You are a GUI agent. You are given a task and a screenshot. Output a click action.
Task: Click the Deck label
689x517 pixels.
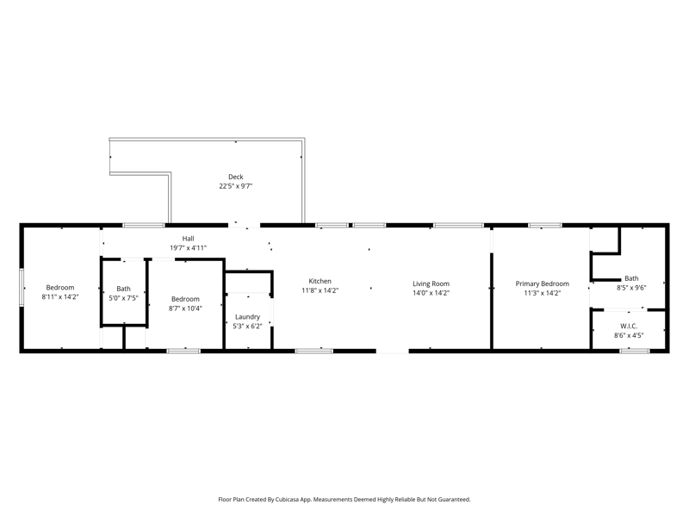pyautogui.click(x=235, y=177)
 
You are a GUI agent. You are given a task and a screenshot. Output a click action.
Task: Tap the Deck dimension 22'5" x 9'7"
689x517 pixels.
pyautogui.click(x=235, y=186)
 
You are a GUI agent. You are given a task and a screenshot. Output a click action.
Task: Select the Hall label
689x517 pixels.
pyautogui.click(x=188, y=239)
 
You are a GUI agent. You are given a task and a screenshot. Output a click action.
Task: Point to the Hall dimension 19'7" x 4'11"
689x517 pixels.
pyautogui.click(x=188, y=248)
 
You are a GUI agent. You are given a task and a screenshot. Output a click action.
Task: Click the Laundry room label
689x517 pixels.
pyautogui.click(x=247, y=317)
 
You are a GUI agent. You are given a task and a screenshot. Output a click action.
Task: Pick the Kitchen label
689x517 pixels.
pyautogui.click(x=320, y=282)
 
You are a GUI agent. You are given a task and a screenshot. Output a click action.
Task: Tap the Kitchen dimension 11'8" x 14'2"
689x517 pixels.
pyautogui.click(x=320, y=290)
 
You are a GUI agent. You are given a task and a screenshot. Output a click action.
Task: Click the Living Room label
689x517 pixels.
pyautogui.click(x=431, y=284)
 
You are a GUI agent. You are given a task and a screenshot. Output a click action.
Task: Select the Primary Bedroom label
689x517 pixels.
pyautogui.click(x=543, y=284)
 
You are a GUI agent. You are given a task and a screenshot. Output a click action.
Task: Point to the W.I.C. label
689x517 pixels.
pyautogui.click(x=629, y=327)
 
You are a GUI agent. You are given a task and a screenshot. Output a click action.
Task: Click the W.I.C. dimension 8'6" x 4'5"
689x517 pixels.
pyautogui.click(x=629, y=335)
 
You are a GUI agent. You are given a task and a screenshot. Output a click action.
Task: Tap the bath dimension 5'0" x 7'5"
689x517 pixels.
pyautogui.click(x=123, y=298)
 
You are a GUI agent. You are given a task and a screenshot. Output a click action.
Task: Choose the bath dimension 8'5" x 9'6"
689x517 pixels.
pyautogui.click(x=631, y=288)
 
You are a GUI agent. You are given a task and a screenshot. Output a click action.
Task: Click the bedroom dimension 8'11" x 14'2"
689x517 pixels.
pyautogui.click(x=60, y=296)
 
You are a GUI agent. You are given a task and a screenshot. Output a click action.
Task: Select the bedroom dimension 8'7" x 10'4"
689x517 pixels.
pyautogui.click(x=185, y=308)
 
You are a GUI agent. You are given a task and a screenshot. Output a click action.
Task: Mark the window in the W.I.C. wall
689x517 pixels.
pyautogui.click(x=635, y=351)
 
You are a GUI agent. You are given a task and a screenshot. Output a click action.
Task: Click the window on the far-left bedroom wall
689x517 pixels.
pyautogui.click(x=21, y=288)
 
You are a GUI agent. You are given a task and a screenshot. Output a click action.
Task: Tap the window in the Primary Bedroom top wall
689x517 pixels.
pyautogui.click(x=545, y=226)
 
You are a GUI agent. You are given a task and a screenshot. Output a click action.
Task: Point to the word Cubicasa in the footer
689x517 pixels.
pyautogui.click(x=285, y=500)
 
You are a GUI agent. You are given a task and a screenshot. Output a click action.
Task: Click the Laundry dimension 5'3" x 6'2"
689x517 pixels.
pyautogui.click(x=247, y=327)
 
